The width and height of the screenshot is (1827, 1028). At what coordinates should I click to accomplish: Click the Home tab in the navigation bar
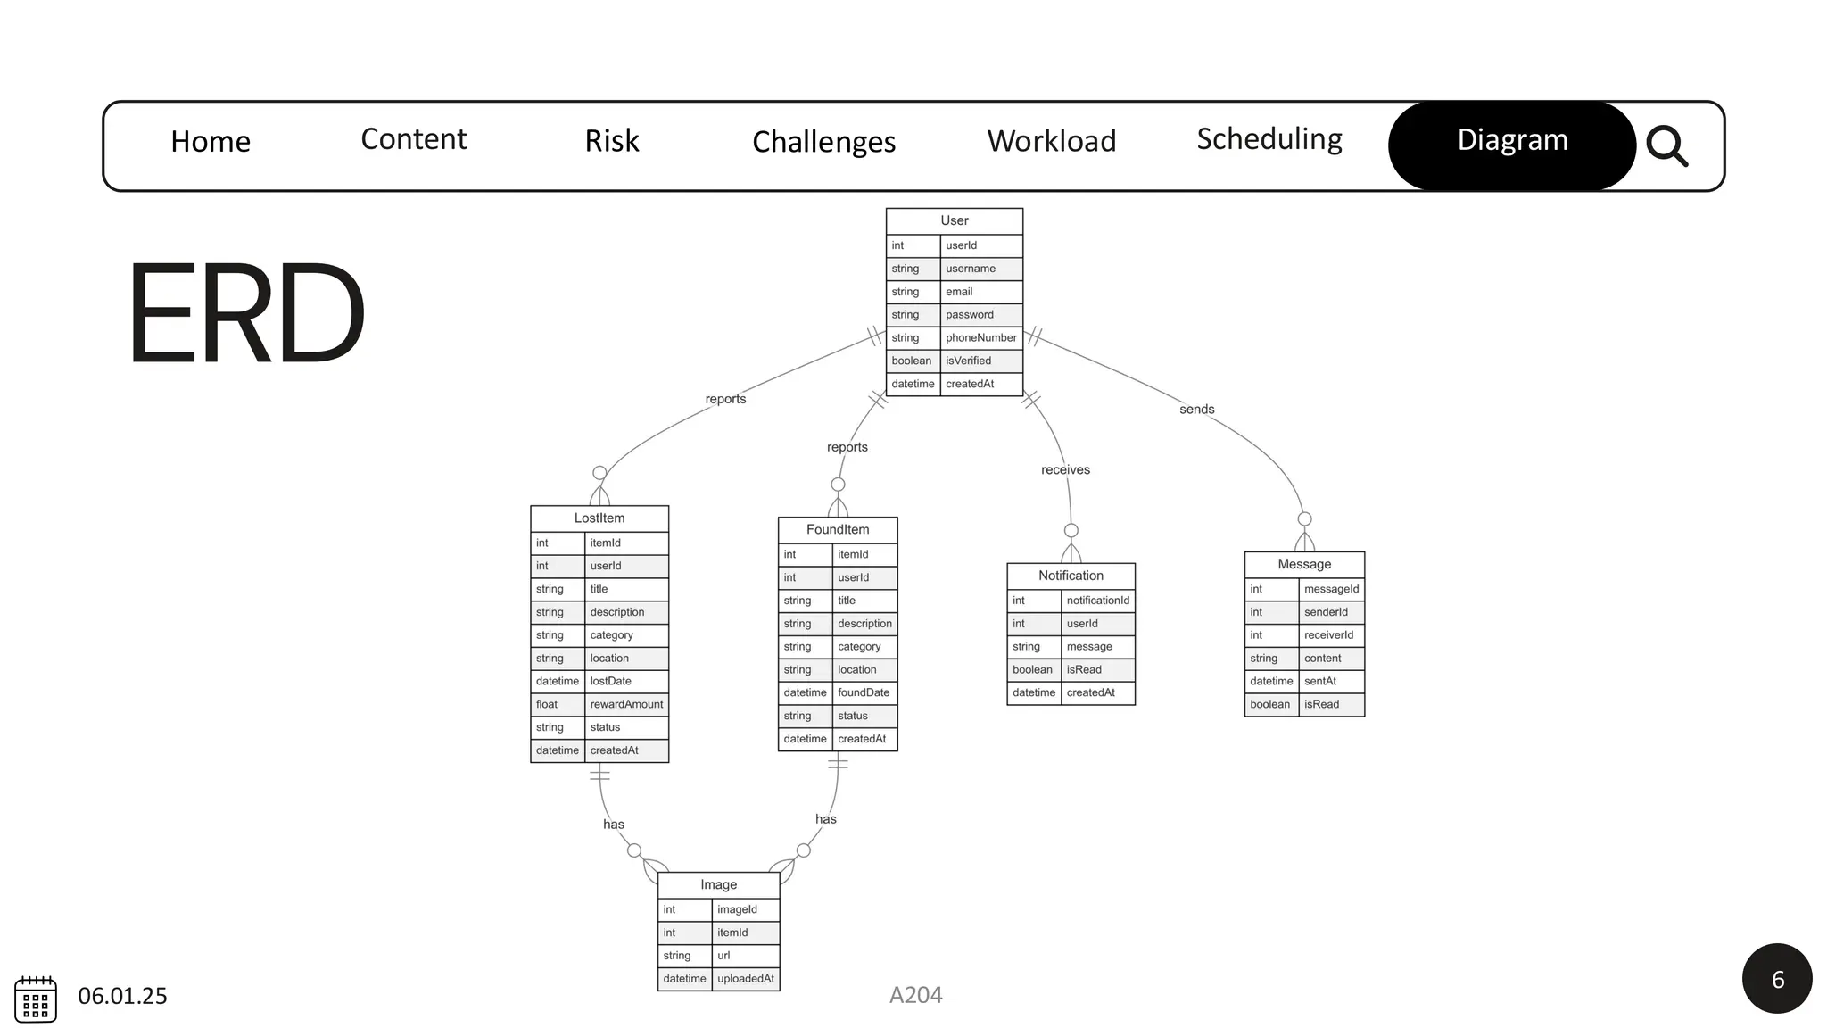pos(211,141)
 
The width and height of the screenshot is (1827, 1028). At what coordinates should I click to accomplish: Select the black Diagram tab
pos(1512,140)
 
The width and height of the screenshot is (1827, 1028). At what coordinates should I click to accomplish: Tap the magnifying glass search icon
pos(1666,145)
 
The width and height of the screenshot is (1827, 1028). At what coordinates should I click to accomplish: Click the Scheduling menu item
pos(1269,139)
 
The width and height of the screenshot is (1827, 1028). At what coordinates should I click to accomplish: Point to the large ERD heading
pos(246,313)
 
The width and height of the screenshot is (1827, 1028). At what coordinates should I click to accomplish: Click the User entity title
pos(954,220)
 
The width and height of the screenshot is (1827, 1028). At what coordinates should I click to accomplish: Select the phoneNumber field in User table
pos(980,337)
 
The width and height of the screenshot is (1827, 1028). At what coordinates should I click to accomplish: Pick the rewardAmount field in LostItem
pos(626,704)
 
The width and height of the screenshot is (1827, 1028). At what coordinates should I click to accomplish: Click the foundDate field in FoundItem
pos(863,692)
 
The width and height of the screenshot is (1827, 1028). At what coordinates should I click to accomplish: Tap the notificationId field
pos(1097,601)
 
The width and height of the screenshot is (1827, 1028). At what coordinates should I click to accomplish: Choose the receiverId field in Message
pos(1328,635)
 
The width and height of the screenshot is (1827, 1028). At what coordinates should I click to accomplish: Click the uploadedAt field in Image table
pos(745,979)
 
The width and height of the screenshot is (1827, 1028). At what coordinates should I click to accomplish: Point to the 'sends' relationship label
pos(1196,410)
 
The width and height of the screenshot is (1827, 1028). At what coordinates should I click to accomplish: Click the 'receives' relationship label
pos(1065,470)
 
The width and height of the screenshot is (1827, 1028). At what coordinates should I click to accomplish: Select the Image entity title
pos(718,884)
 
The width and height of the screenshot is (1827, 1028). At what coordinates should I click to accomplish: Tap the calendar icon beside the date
pos(36,999)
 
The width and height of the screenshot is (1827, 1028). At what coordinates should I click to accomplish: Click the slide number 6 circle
pos(1776,979)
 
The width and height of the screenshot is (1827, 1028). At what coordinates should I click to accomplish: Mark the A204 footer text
pos(915,995)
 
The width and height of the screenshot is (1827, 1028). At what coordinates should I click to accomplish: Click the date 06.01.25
pos(122,996)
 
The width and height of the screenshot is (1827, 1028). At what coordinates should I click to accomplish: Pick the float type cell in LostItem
pos(547,704)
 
